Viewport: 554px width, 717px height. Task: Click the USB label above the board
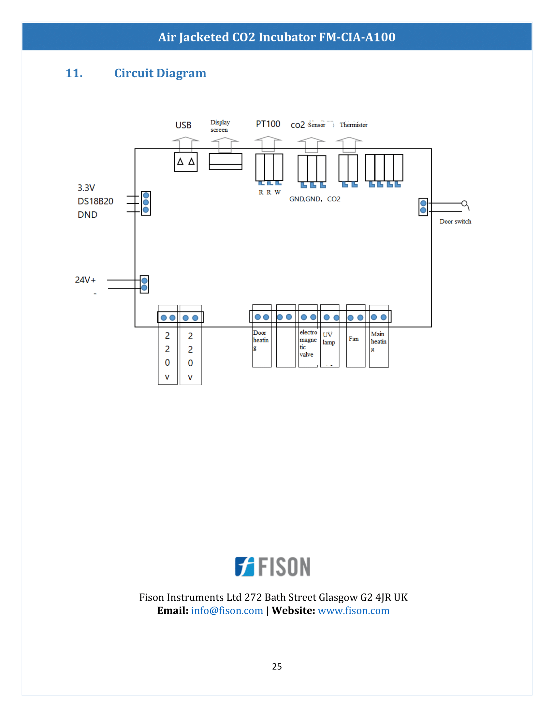click(x=183, y=125)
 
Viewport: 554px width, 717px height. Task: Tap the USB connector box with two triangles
click(x=186, y=162)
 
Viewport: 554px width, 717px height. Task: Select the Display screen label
click(x=220, y=126)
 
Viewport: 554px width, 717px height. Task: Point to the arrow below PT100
click(x=268, y=143)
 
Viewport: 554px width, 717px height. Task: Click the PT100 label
click(x=268, y=124)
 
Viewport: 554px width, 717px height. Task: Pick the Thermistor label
click(x=354, y=125)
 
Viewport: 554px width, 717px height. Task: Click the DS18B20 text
click(x=95, y=201)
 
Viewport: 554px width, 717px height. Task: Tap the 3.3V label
click(x=86, y=188)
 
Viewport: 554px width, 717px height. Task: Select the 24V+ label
click(x=85, y=280)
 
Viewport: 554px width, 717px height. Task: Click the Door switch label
click(x=455, y=222)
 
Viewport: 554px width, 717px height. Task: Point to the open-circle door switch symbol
click(x=464, y=204)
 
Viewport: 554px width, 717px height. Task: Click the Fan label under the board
click(x=354, y=339)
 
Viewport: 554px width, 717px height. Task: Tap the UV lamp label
click(x=328, y=339)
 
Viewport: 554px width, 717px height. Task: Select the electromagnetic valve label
click(x=308, y=343)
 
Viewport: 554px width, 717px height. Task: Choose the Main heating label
click(x=378, y=342)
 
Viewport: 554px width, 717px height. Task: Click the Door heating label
click(x=261, y=340)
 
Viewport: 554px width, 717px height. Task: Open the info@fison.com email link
click(x=227, y=611)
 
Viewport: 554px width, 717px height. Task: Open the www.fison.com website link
click(x=354, y=611)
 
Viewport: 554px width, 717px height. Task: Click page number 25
click(x=277, y=666)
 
